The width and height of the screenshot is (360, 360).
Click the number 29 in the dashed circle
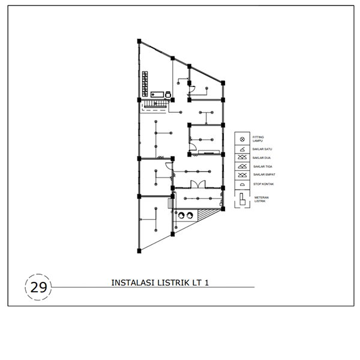coord(38,287)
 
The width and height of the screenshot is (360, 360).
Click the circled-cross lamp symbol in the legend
coord(242,139)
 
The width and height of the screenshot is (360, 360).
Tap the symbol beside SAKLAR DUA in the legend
coord(242,157)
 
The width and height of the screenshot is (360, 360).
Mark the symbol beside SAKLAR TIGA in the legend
coord(242,166)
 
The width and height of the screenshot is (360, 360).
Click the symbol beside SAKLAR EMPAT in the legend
coord(242,175)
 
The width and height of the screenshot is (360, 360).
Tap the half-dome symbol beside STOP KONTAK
coord(242,184)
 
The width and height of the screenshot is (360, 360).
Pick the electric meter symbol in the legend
coord(242,199)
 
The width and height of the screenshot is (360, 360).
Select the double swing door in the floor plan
coord(194,184)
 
